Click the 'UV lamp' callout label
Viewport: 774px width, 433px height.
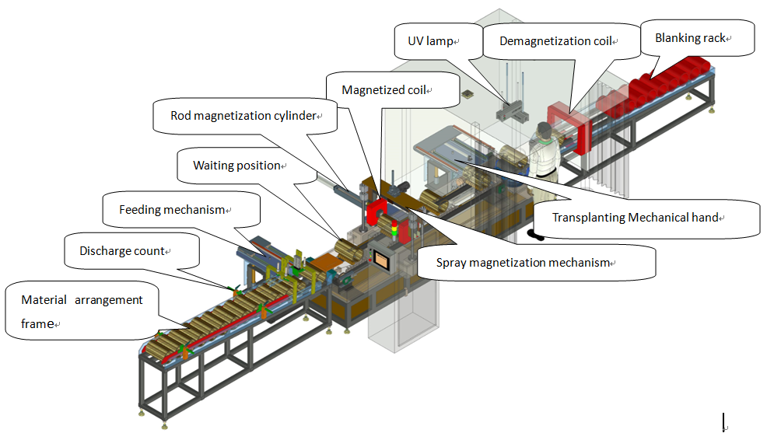430,41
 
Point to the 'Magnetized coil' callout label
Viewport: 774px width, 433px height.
384,89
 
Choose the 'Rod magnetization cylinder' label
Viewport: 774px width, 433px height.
243,115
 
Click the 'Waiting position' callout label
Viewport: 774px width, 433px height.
237,166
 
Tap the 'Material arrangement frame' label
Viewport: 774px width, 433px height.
82,312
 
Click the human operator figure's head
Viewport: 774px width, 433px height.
544,130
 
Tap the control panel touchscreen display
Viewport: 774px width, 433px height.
381,258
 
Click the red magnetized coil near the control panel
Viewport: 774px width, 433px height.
377,213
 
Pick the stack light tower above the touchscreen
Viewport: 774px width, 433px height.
394,230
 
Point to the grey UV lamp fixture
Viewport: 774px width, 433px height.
512,112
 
